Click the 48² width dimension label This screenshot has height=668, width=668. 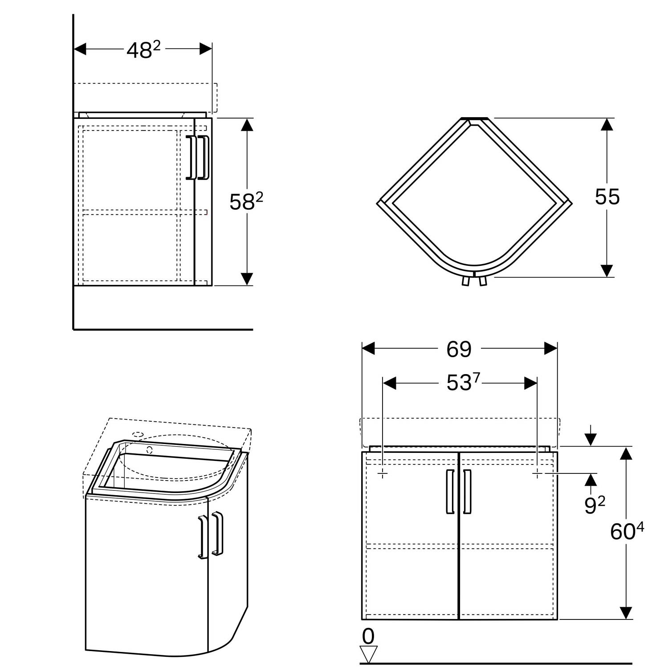(143, 49)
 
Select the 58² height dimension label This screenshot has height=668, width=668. (246, 202)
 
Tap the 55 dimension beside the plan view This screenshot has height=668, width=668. (607, 197)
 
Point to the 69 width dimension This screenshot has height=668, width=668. (459, 349)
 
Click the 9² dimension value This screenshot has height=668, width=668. (595, 505)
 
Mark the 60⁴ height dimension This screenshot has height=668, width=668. (627, 531)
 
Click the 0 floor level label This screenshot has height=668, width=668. (368, 637)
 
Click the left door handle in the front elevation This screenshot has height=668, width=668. (450, 491)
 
